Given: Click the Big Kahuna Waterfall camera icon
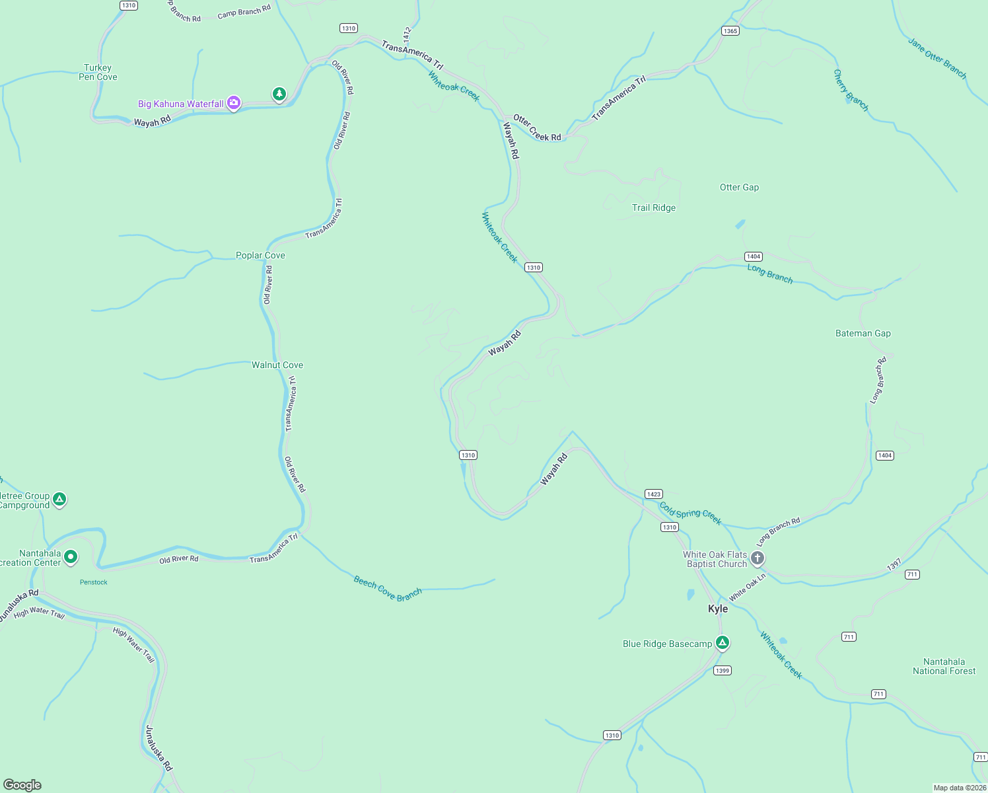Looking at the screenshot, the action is tap(233, 103).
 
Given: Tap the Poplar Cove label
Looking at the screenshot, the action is tap(260, 255).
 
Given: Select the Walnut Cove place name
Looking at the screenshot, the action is tap(277, 365).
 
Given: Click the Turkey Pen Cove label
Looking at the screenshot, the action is tap(98, 72).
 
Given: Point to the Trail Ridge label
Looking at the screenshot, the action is tap(654, 208).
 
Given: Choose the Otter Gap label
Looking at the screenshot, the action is tap(739, 187).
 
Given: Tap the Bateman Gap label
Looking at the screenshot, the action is tap(863, 333).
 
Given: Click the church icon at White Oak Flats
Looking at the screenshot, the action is tap(758, 558).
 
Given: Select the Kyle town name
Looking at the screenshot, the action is tap(718, 609).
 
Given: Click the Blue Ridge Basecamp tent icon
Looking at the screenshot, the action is tap(723, 642).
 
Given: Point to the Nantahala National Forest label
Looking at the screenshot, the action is tap(944, 666).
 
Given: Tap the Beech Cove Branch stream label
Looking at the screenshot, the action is tap(388, 588).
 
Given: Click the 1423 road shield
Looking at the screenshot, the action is tap(653, 494).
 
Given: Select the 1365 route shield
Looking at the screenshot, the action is tap(730, 31).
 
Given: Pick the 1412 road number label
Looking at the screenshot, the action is tap(407, 33).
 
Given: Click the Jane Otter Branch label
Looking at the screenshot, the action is tap(936, 58).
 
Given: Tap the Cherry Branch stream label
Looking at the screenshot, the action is tap(851, 91).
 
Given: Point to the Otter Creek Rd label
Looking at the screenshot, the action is tap(537, 128).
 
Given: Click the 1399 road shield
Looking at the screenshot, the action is tap(722, 671).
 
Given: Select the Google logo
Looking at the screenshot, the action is tap(22, 785).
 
